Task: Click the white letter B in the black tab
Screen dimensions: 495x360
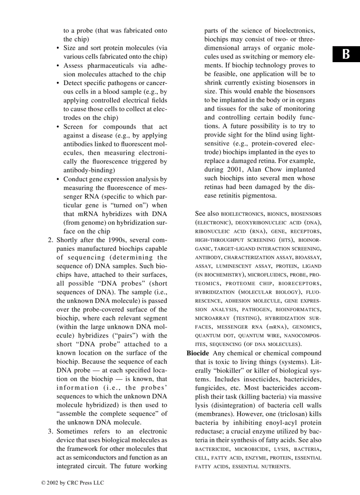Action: point(346,54)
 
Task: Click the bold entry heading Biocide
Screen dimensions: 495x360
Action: point(198,353)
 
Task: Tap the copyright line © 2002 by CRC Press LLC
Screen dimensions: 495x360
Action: point(72,483)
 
